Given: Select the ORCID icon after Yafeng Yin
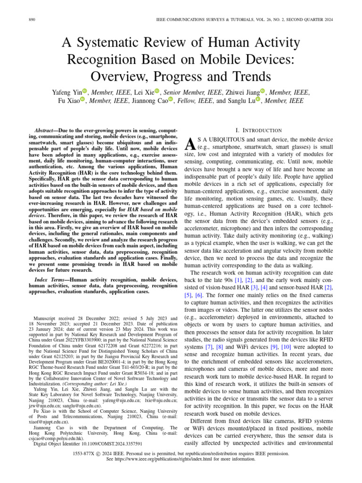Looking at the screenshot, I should [85, 91].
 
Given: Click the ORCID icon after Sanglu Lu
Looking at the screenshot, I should [258, 100].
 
